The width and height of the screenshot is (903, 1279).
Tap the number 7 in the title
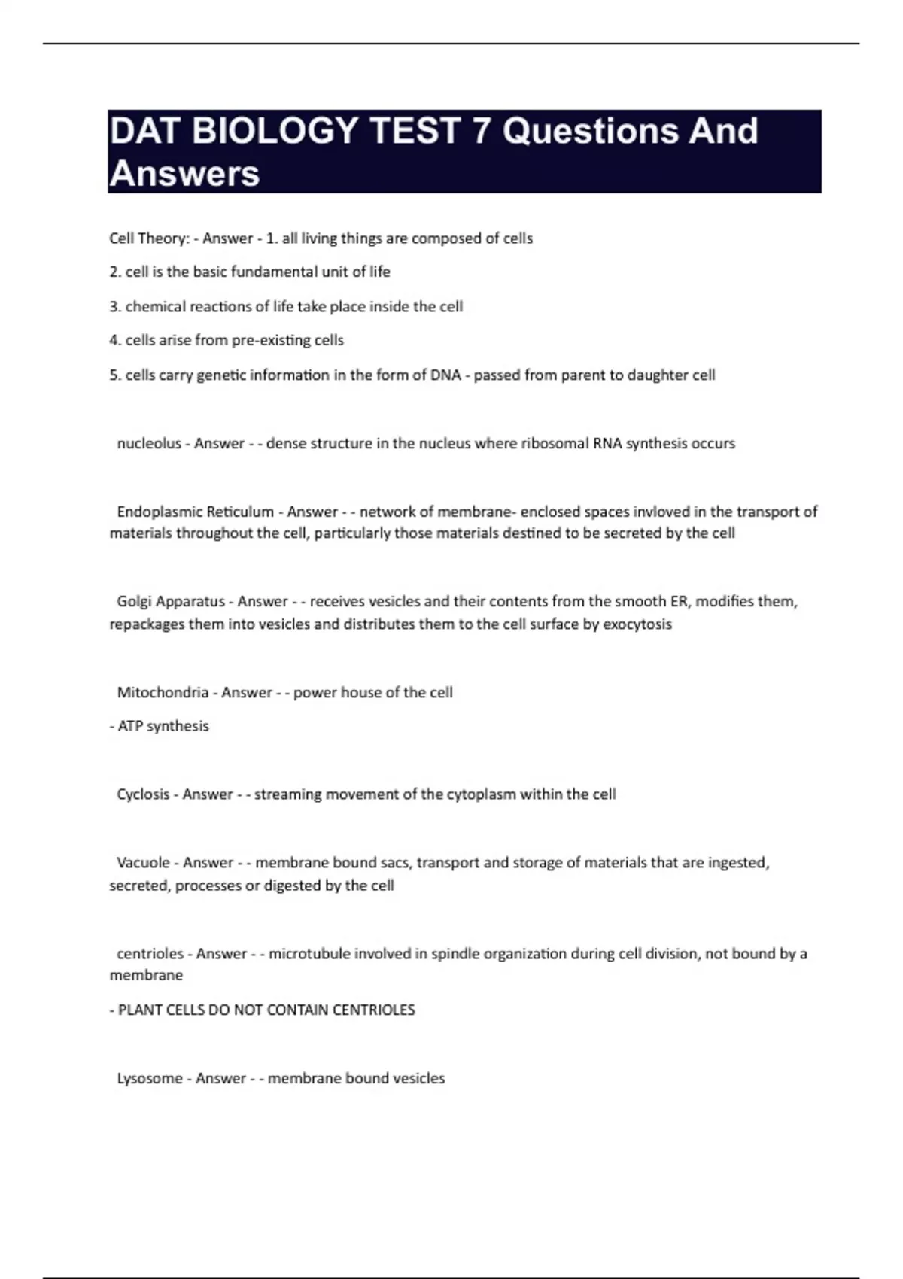click(480, 131)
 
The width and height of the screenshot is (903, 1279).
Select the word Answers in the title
click(184, 174)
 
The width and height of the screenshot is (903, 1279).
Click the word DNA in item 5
click(445, 375)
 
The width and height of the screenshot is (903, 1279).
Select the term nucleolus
click(149, 444)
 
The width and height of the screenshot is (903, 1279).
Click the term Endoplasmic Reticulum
click(196, 512)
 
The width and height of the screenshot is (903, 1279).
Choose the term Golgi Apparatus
click(171, 601)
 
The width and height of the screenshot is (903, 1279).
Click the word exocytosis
click(637, 624)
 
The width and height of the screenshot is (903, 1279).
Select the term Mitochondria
click(163, 692)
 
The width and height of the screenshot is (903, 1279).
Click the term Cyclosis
click(143, 794)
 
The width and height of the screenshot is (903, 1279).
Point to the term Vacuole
click(143, 863)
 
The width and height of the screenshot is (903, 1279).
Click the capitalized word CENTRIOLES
click(378, 1010)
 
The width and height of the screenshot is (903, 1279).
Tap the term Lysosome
click(150, 1079)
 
